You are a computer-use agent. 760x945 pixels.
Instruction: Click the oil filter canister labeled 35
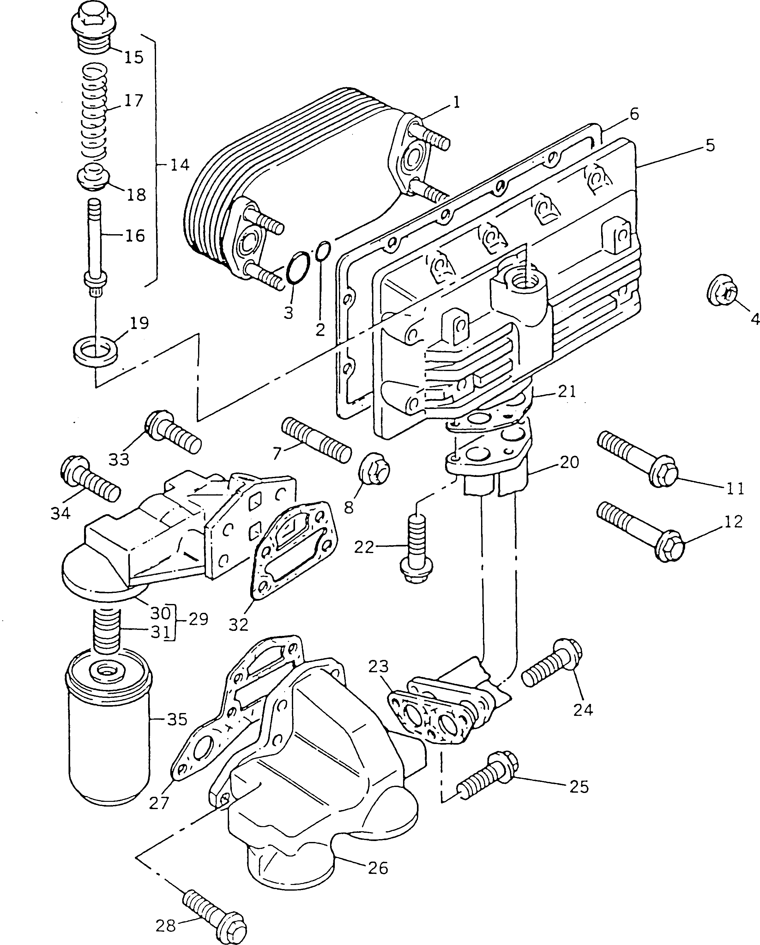tap(110, 741)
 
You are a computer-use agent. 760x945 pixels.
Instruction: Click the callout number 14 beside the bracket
tap(180, 165)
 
